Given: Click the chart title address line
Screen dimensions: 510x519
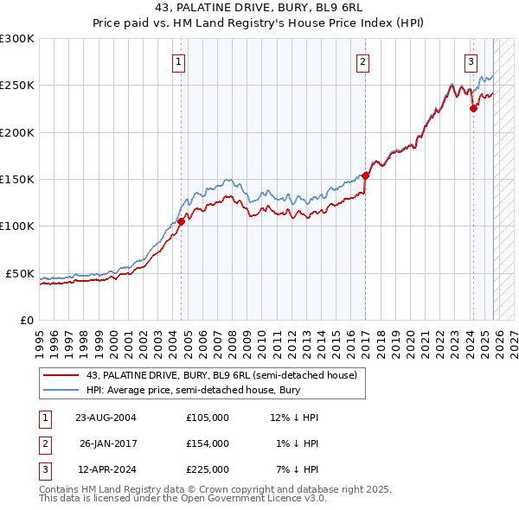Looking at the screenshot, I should [259, 7].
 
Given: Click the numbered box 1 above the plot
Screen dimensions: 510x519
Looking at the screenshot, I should [177, 61].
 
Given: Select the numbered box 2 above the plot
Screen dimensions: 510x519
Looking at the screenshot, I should [362, 61].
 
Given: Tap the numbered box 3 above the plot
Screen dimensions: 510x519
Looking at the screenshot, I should [471, 61].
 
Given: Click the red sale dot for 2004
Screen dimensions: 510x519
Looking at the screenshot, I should [182, 222].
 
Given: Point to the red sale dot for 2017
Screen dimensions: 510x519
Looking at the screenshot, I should [366, 175].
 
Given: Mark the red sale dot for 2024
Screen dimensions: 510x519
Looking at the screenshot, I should [473, 109].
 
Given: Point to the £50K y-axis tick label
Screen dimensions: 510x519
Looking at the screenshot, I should [20, 273].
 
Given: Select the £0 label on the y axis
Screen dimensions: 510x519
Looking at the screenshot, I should [27, 320].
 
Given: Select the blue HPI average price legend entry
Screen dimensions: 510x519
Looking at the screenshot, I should [190, 391].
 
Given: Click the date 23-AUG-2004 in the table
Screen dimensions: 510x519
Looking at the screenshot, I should [106, 418].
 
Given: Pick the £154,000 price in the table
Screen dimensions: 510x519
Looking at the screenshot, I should [207, 443].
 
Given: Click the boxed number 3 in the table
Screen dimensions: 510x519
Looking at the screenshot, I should [44, 469].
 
